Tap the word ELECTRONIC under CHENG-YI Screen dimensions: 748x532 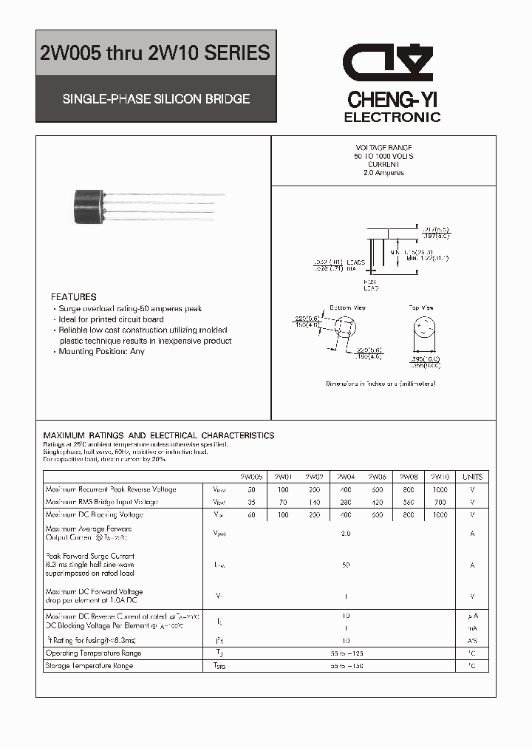(392, 118)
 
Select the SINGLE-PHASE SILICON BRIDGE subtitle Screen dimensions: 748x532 (155, 98)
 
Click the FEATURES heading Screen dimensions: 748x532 (74, 297)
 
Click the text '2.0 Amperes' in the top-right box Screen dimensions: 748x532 (383, 173)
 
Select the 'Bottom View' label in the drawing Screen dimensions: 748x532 (347, 307)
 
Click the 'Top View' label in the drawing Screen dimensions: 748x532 (421, 307)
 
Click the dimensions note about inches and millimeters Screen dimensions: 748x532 (381, 384)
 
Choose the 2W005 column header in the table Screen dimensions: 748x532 (251, 477)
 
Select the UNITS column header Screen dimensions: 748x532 (472, 477)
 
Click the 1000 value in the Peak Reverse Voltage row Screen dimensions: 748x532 (440, 490)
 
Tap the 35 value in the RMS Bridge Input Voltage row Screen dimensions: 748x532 (252, 502)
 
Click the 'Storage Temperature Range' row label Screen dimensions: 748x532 (89, 666)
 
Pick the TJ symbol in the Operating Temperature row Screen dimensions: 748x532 (219, 653)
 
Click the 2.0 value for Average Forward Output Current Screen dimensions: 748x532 (345, 534)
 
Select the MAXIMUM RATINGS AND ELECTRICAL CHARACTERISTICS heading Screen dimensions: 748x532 (159, 436)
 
